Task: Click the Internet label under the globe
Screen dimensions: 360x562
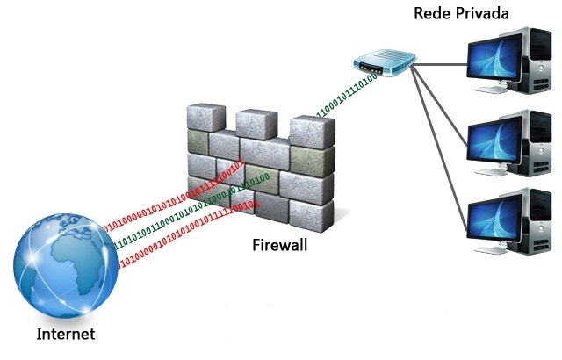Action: [65, 335]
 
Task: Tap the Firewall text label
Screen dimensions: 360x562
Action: [278, 245]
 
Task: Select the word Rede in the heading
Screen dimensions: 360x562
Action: [433, 15]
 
